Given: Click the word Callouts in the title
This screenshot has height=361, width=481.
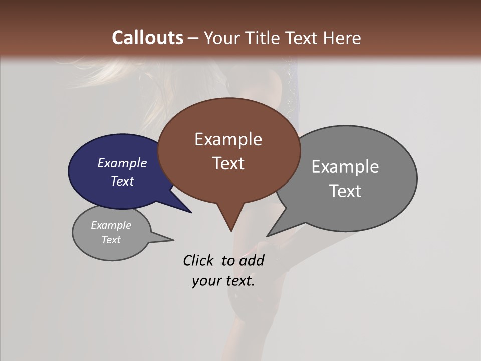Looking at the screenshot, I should click(147, 38).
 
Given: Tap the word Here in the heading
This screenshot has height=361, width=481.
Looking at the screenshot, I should click(342, 38).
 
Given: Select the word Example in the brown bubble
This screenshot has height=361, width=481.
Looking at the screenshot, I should click(228, 139).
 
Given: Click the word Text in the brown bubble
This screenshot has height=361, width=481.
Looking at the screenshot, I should click(228, 163).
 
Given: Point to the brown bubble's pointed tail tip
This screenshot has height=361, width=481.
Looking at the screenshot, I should click(231, 231).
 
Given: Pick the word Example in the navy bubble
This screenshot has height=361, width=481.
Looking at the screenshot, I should click(122, 163).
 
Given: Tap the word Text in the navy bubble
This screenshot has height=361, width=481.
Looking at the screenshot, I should click(122, 181).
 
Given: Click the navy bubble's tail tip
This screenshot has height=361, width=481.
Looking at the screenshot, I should click(191, 212).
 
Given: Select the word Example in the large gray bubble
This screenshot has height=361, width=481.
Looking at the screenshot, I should click(345, 167).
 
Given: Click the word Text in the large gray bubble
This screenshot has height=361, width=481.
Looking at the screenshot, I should click(345, 191).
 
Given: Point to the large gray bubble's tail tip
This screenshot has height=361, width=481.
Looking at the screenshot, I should click(267, 236).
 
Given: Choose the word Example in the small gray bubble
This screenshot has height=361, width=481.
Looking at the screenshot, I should click(111, 225).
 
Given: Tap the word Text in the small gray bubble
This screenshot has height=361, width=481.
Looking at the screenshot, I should click(111, 240).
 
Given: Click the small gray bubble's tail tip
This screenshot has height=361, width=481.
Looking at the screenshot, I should click(173, 240).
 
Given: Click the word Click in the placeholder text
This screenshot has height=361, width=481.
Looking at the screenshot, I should click(198, 260).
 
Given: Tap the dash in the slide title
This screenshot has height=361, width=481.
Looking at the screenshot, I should click(194, 38).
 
